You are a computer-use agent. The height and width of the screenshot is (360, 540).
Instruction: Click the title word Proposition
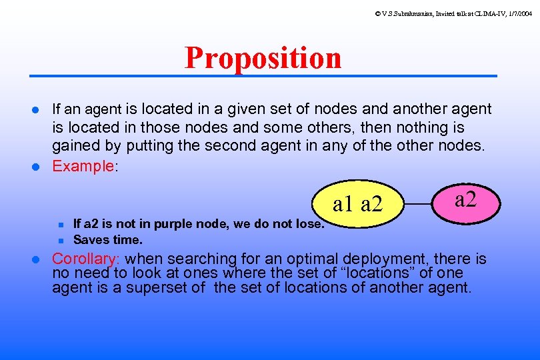click(x=263, y=58)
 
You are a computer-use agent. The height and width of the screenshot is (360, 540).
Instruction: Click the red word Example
click(x=83, y=166)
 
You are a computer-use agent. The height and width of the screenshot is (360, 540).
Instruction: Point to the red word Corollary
click(x=85, y=259)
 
